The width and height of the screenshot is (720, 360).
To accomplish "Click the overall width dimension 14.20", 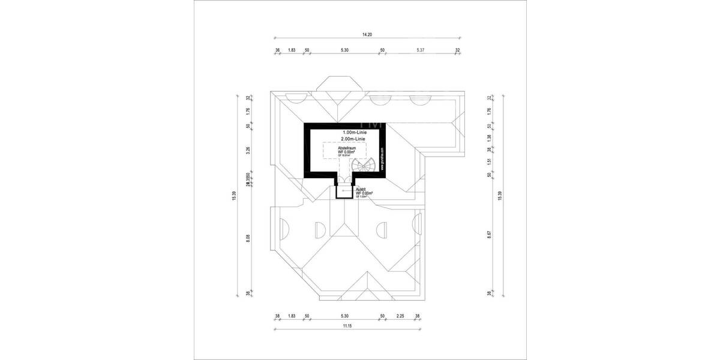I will tap(367, 35).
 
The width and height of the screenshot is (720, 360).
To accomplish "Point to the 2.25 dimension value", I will tap(400, 316).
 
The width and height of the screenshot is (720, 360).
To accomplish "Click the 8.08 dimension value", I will tap(248, 238).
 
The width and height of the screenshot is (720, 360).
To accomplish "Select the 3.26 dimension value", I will tap(248, 151).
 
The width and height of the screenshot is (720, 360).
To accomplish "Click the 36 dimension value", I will tap(277, 50).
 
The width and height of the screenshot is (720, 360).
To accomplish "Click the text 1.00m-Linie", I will tap(354, 132).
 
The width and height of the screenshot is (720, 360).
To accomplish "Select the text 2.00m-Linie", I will tap(354, 139).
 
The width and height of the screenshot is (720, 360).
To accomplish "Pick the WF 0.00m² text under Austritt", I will tap(364, 193).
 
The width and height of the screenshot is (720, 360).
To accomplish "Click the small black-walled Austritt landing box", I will tap(343, 191).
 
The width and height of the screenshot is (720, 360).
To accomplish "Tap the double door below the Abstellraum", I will tap(343, 179).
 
